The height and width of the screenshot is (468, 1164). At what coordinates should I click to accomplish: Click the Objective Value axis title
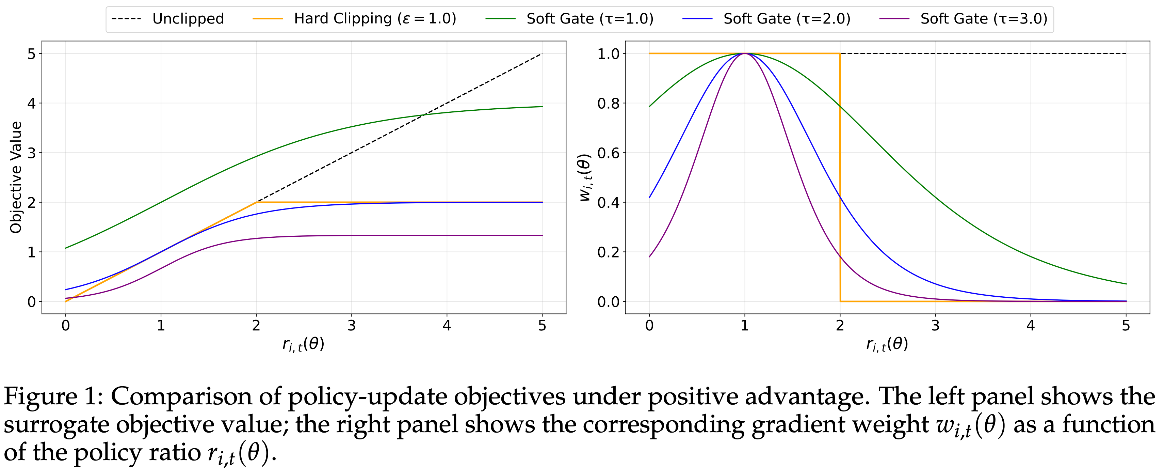tap(16, 177)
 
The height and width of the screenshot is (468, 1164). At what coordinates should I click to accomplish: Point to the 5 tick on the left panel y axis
tap(31, 54)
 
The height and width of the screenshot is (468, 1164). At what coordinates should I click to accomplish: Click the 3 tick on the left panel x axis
tap(352, 326)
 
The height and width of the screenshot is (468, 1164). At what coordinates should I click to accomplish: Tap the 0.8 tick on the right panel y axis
tap(608, 104)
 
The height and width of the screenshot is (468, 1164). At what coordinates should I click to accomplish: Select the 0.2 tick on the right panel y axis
tap(608, 252)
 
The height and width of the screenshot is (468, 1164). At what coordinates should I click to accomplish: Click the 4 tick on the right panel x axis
tap(1031, 326)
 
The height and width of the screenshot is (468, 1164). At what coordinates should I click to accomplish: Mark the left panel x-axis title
tap(303, 345)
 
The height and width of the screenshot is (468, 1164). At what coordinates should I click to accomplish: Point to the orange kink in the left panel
tap(256, 202)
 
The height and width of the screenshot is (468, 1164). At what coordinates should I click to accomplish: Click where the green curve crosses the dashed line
tap(424, 115)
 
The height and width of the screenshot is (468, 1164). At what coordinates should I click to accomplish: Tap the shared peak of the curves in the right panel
tap(745, 54)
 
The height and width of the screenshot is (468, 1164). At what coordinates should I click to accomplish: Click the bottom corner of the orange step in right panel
tap(840, 301)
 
